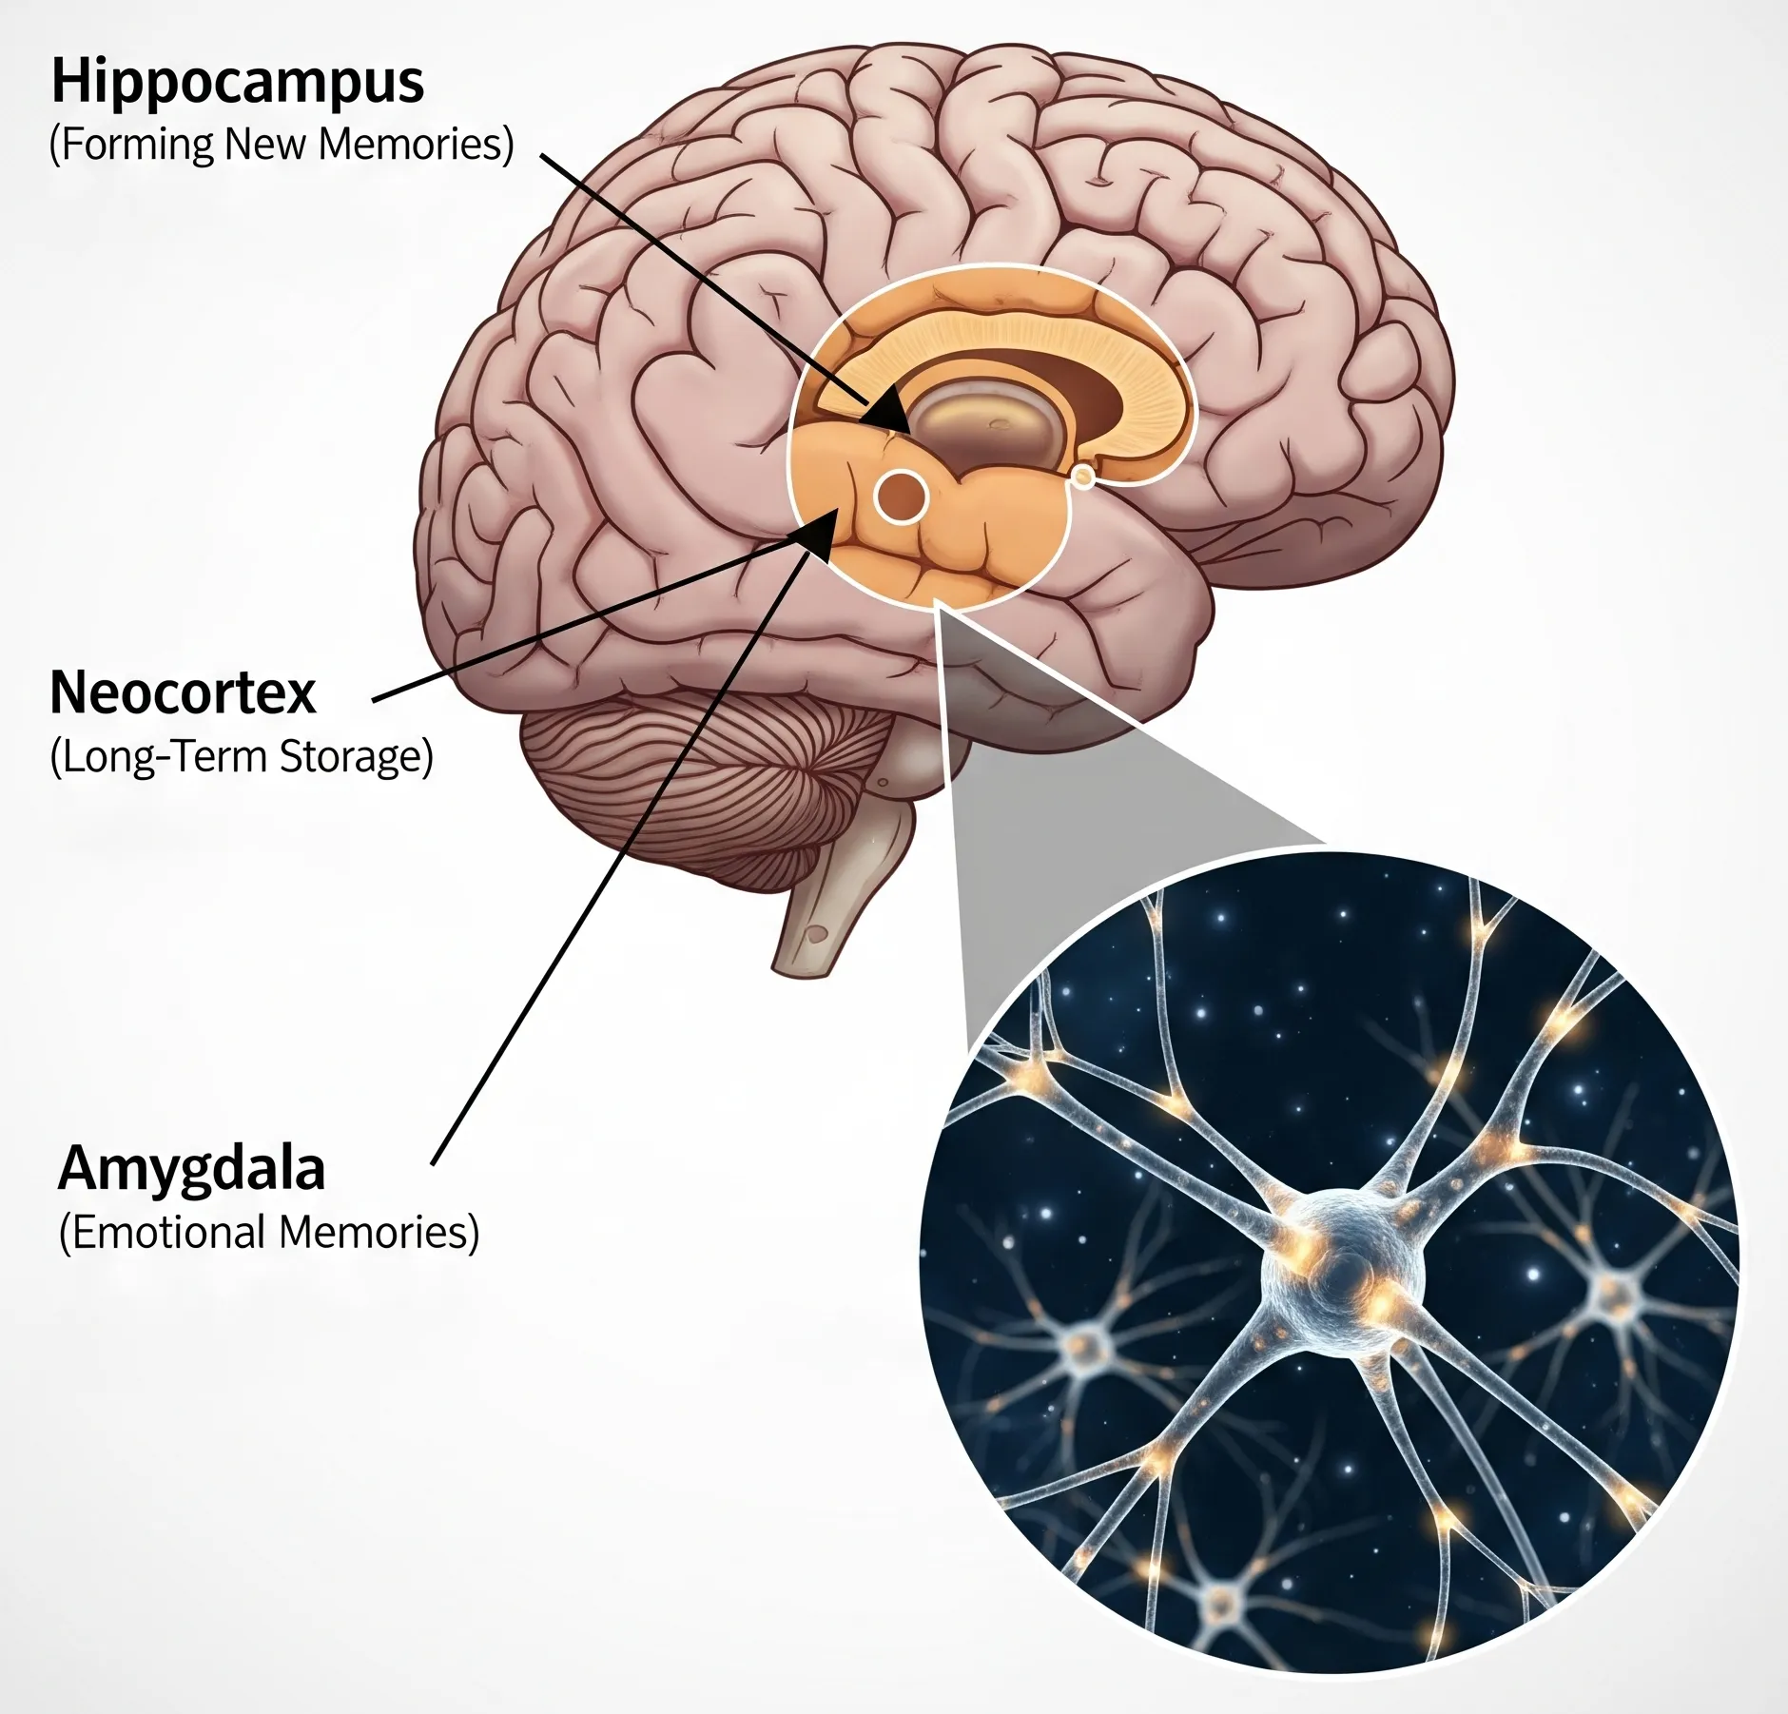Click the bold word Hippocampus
pyautogui.click(x=237, y=83)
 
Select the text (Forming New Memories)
pyautogui.click(x=282, y=145)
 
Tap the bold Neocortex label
pyautogui.click(x=183, y=692)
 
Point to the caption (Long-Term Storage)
pyautogui.click(x=242, y=757)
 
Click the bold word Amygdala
pyautogui.click(x=192, y=1168)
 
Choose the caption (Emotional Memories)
pyautogui.click(x=269, y=1233)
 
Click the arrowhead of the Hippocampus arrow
pyautogui.click(x=889, y=412)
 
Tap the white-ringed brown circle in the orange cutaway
pyautogui.click(x=901, y=496)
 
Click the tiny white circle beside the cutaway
pyautogui.click(x=1082, y=476)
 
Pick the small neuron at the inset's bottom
pyautogui.click(x=1222, y=1600)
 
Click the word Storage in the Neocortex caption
pyautogui.click(x=357, y=757)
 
